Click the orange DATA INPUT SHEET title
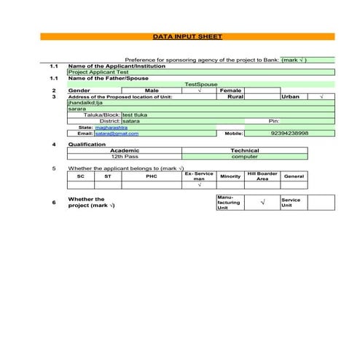pos(188,36)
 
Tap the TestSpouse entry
pos(201,84)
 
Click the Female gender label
pos(230,90)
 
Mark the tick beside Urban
pos(321,96)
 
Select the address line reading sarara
pos(76,109)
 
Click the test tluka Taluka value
pos(136,114)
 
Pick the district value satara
pos(131,121)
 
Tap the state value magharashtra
pos(112,127)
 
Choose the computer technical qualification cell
pos(244,157)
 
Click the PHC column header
pos(151,176)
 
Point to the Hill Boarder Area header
pos(262,176)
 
